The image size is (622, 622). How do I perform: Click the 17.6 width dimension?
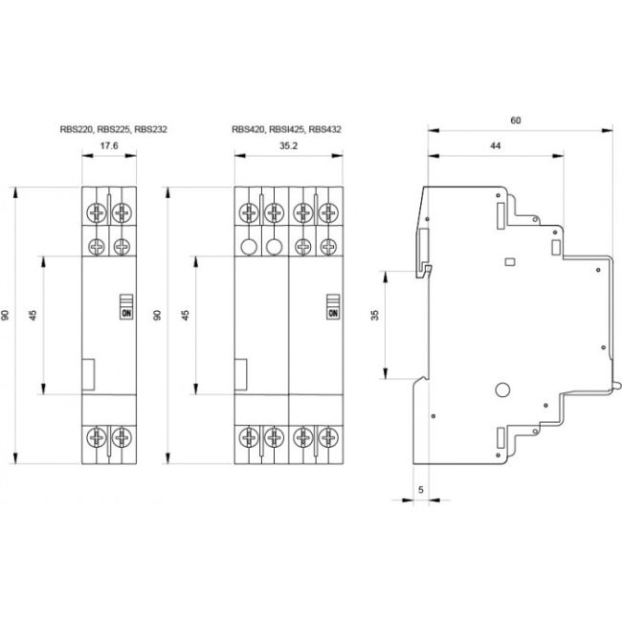108,147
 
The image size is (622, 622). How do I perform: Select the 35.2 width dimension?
288,147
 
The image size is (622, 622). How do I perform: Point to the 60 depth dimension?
516,121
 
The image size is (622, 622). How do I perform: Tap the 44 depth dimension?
495,145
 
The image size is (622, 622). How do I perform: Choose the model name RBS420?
248,128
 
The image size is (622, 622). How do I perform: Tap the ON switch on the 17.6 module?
125,304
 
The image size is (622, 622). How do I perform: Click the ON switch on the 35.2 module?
333,304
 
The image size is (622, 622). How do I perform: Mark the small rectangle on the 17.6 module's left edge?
88,374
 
